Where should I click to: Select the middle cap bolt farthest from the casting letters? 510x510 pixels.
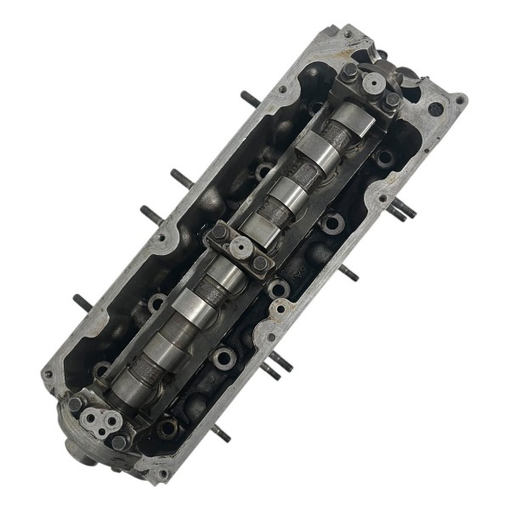(x=219, y=231)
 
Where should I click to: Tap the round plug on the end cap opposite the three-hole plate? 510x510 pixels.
(x=371, y=83)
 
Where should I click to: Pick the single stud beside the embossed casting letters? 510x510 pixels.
(x=348, y=274)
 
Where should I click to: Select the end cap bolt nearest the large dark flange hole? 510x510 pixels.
(x=393, y=100)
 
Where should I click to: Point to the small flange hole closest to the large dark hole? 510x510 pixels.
(x=460, y=101)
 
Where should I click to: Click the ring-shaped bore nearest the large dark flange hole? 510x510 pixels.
(x=384, y=157)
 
